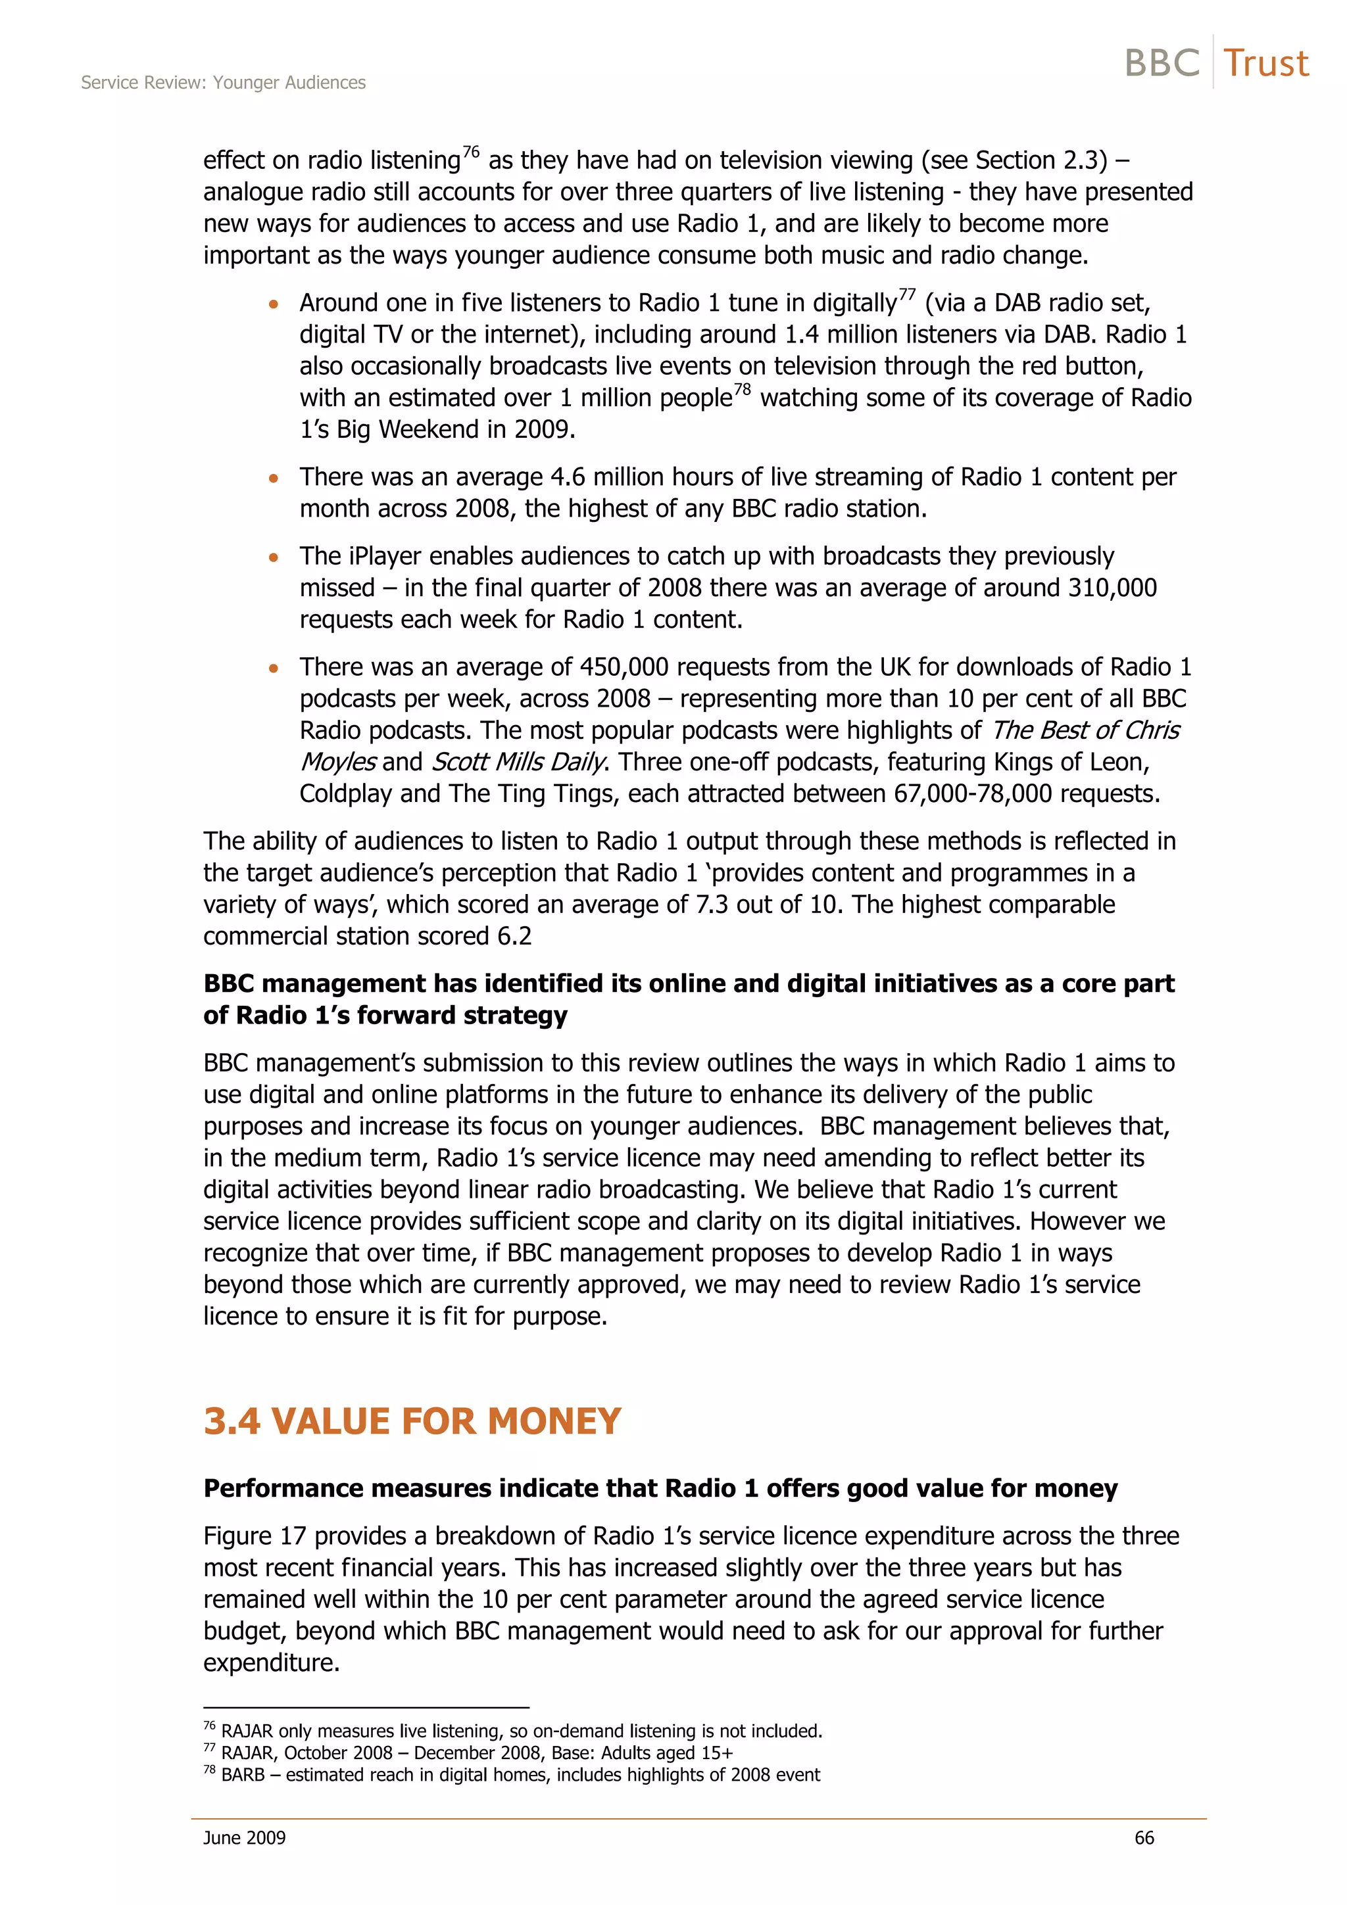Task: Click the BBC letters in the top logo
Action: coord(1162,63)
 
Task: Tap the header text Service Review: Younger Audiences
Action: coord(223,82)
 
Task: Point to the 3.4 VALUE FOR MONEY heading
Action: coord(412,1421)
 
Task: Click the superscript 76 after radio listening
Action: coord(470,152)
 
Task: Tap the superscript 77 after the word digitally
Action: coord(907,294)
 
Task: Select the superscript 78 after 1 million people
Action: coord(742,389)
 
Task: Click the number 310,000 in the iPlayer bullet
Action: coord(1112,588)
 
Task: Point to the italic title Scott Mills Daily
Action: coord(519,762)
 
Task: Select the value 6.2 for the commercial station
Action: coord(514,936)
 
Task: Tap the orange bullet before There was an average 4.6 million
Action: coord(274,479)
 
